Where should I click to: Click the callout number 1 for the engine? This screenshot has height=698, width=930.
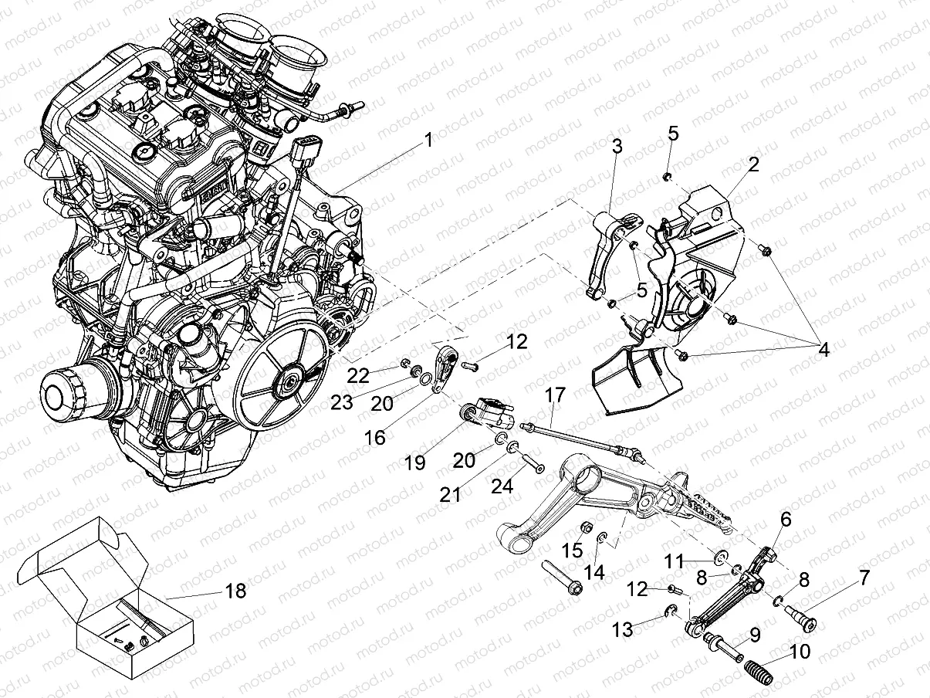click(x=428, y=141)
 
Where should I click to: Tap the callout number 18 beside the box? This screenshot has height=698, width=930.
click(x=235, y=591)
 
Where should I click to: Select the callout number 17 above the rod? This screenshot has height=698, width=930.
click(x=555, y=395)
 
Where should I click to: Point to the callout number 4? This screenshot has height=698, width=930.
click(x=823, y=349)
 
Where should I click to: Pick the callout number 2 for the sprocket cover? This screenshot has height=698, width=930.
click(x=753, y=164)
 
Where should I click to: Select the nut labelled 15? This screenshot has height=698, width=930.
click(x=585, y=531)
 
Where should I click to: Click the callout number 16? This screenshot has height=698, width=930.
click(x=375, y=438)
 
